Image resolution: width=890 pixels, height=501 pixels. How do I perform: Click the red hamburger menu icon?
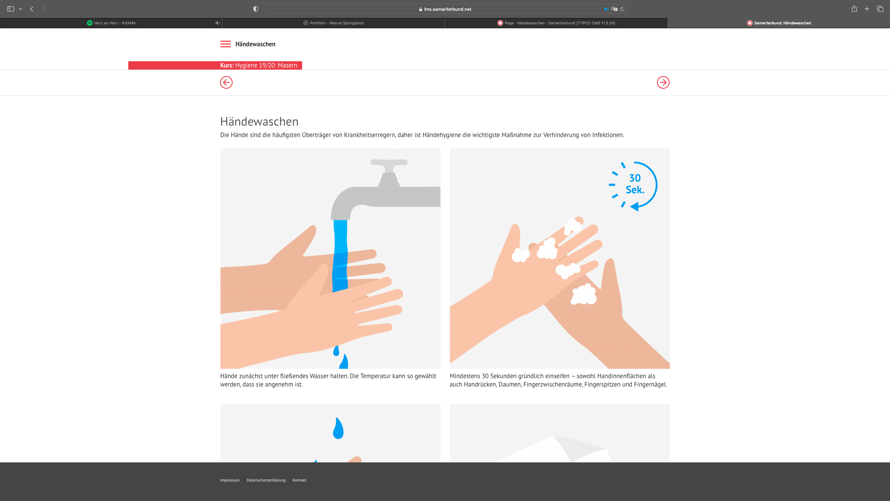pyautogui.click(x=225, y=44)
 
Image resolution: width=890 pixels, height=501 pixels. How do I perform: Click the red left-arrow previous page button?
pyautogui.click(x=226, y=82)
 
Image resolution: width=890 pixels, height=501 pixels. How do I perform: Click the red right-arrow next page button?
pyautogui.click(x=663, y=82)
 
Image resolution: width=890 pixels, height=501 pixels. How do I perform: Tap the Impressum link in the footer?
pyautogui.click(x=230, y=480)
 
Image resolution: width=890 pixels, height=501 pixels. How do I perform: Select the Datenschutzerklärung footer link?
pyautogui.click(x=266, y=480)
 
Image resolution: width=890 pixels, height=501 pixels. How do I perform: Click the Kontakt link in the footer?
pyautogui.click(x=299, y=480)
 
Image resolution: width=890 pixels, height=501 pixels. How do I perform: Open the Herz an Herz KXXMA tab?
pyautogui.click(x=111, y=23)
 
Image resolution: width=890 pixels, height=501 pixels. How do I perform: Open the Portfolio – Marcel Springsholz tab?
pyautogui.click(x=334, y=23)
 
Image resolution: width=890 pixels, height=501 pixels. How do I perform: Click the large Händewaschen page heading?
pyautogui.click(x=259, y=121)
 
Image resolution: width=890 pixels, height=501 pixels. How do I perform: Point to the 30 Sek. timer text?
pyautogui.click(x=635, y=184)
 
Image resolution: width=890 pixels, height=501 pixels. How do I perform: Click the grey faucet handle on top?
pyautogui.click(x=389, y=162)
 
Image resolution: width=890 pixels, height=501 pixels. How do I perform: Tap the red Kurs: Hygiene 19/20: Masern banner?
pyautogui.click(x=215, y=65)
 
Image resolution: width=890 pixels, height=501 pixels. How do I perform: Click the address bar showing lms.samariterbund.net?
pyautogui.click(x=445, y=9)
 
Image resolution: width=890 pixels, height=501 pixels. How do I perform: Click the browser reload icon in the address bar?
pyautogui.click(x=622, y=9)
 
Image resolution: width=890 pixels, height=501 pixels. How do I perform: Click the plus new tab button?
pyautogui.click(x=867, y=9)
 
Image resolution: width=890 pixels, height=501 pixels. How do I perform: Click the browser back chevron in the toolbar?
pyautogui.click(x=32, y=9)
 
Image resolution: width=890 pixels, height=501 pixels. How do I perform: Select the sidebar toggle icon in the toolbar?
pyautogui.click(x=11, y=9)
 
